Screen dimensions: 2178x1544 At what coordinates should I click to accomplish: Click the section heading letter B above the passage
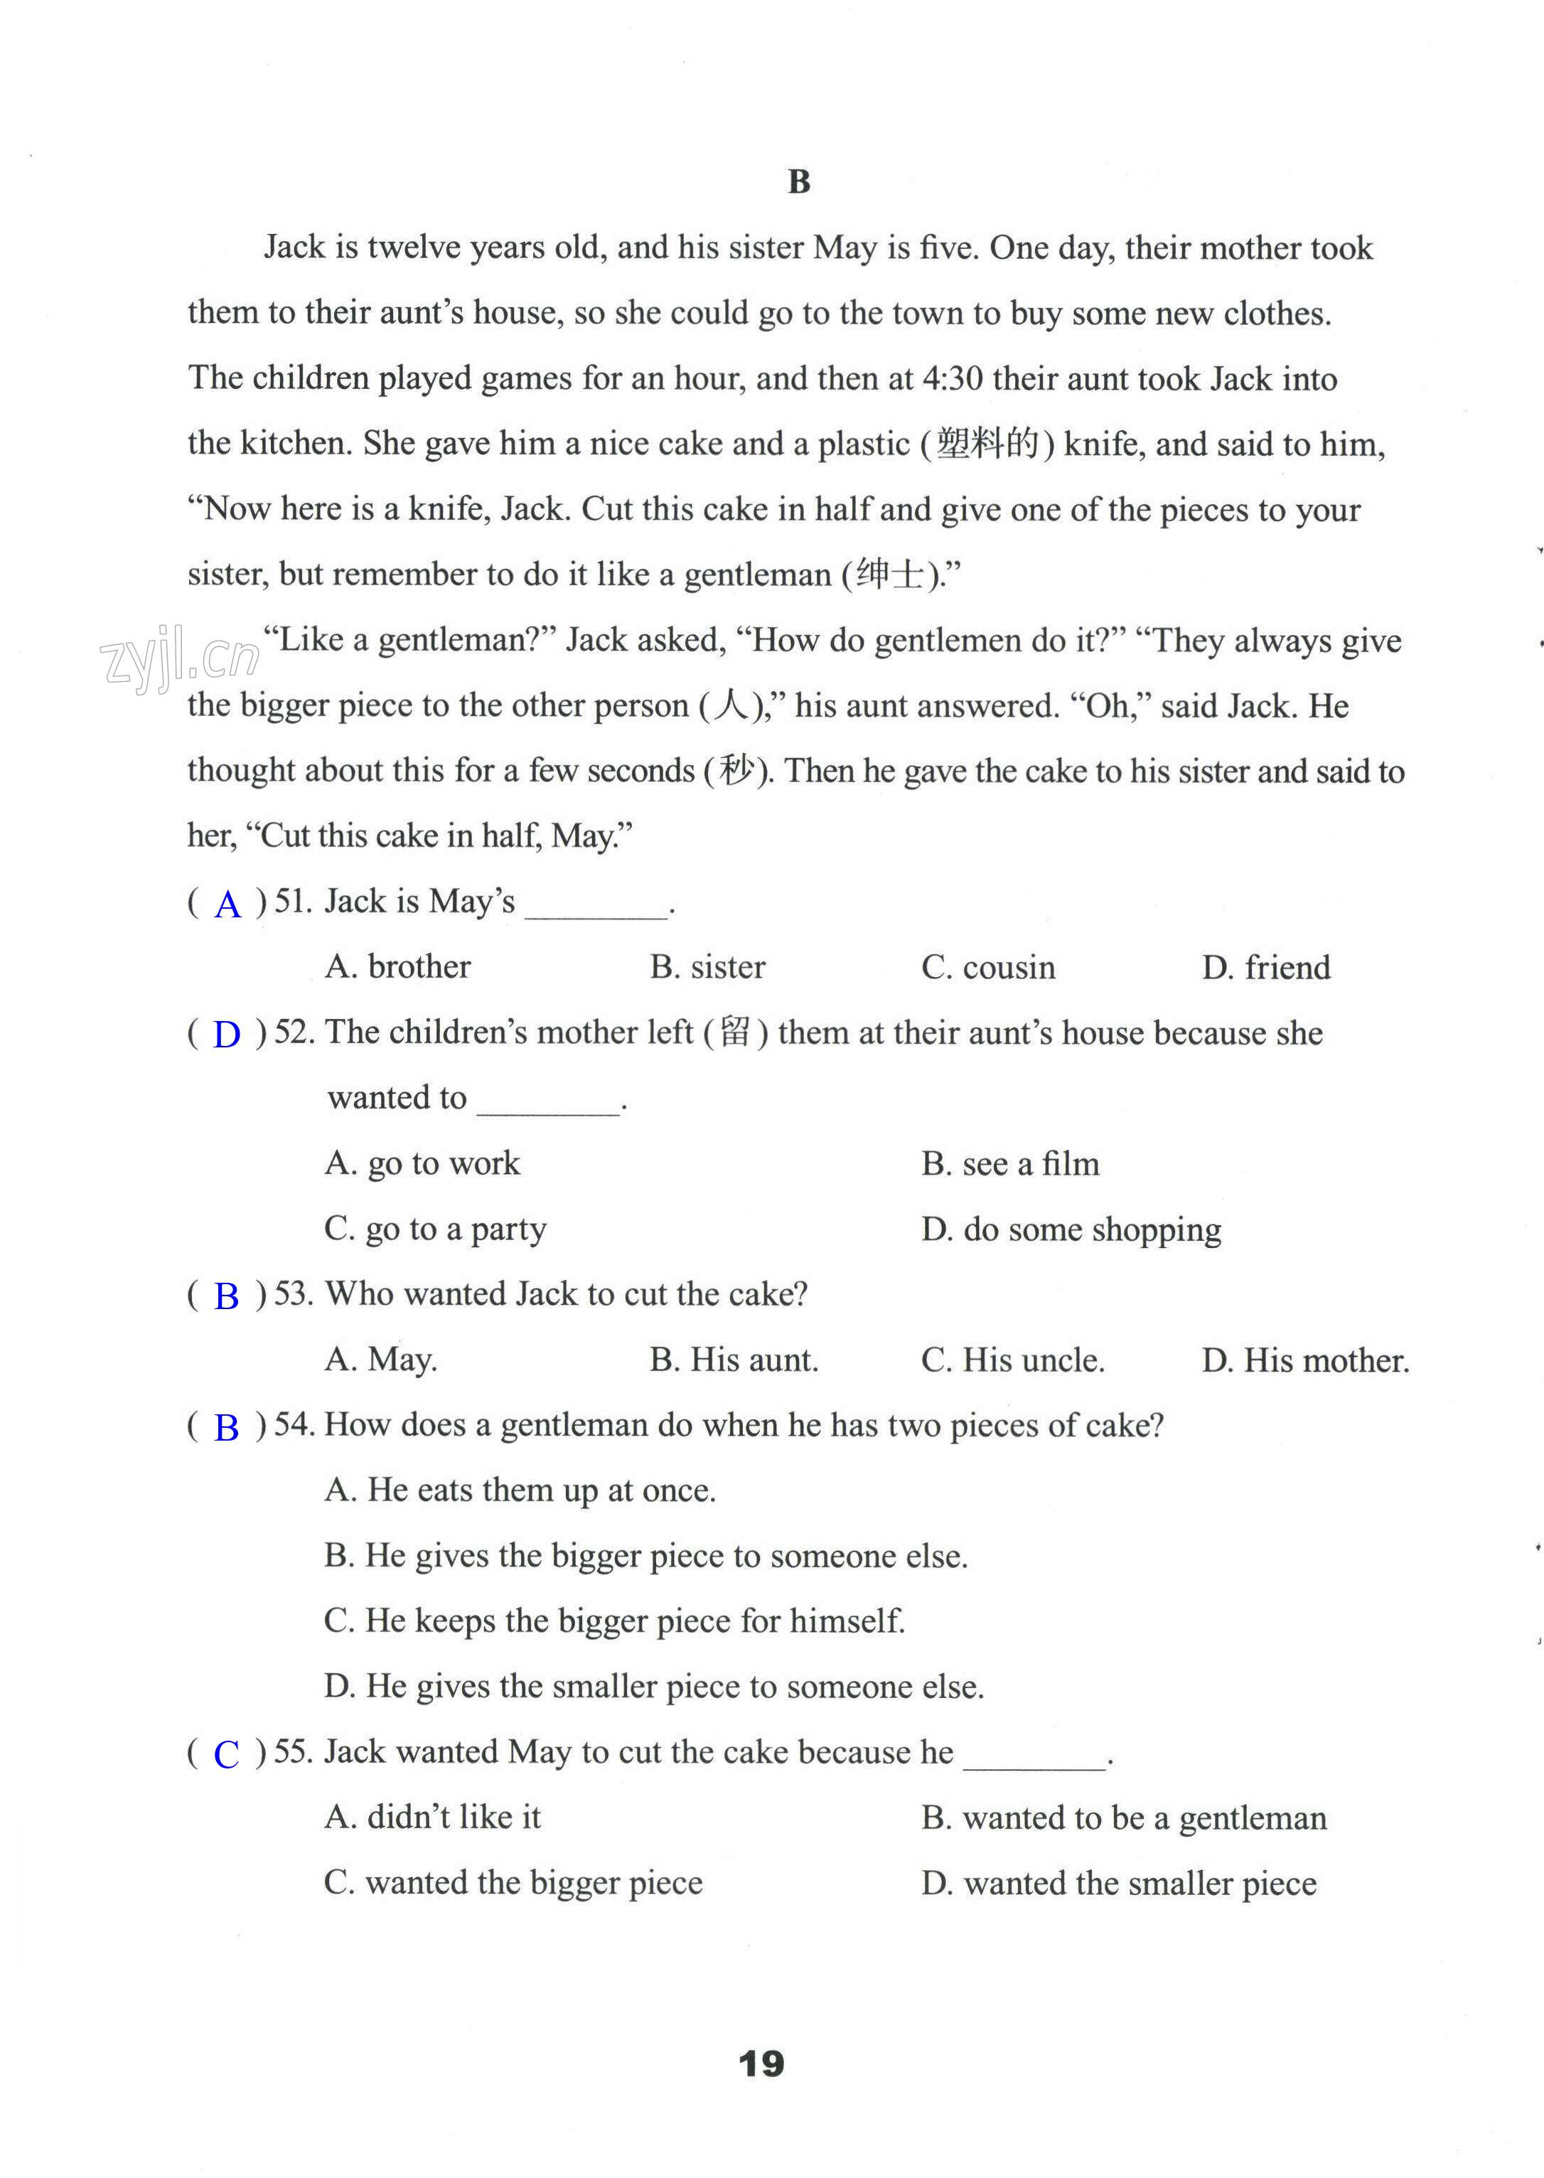(798, 181)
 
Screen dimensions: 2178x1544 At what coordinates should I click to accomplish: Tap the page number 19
(761, 2063)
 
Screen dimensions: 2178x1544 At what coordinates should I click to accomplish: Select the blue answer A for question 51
(228, 904)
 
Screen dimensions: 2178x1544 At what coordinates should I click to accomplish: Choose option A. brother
(397, 967)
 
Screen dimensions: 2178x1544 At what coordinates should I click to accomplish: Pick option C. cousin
(988, 967)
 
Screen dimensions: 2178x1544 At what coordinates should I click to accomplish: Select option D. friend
(1265, 967)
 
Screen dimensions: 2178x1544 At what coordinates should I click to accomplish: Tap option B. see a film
(1009, 1163)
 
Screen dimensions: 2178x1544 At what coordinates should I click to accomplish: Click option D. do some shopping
(1071, 1229)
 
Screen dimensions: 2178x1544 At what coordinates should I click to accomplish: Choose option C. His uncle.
(1012, 1360)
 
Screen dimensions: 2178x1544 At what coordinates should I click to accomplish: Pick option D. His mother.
(1305, 1360)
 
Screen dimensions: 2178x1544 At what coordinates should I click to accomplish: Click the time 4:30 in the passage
(952, 378)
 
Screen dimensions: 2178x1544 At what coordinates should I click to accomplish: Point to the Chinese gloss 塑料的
(988, 443)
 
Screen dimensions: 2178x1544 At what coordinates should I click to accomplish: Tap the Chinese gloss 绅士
(890, 574)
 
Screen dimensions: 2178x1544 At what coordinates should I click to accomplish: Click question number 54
(293, 1425)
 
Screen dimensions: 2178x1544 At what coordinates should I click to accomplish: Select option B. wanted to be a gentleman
(1124, 1817)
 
